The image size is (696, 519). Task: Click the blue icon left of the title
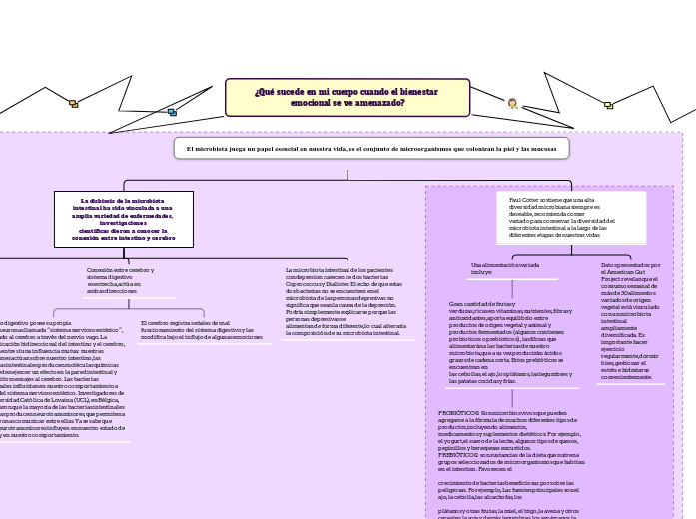pyautogui.click(x=172, y=112)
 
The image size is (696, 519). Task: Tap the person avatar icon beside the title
pyautogui.click(x=512, y=103)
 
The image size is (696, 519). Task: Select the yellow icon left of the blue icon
pyautogui.click(x=73, y=104)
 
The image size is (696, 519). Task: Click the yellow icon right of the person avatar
pyautogui.click(x=608, y=104)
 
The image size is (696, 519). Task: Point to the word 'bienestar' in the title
pyautogui.click(x=418, y=92)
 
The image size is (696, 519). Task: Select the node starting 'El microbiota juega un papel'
pyautogui.click(x=370, y=148)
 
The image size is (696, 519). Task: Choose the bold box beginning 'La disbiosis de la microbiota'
pyautogui.click(x=123, y=219)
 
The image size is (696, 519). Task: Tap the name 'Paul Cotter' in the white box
pyautogui.click(x=521, y=200)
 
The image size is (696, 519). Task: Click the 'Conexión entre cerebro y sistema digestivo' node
pyautogui.click(x=121, y=280)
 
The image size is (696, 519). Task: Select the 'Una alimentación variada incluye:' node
pyautogui.click(x=505, y=268)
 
